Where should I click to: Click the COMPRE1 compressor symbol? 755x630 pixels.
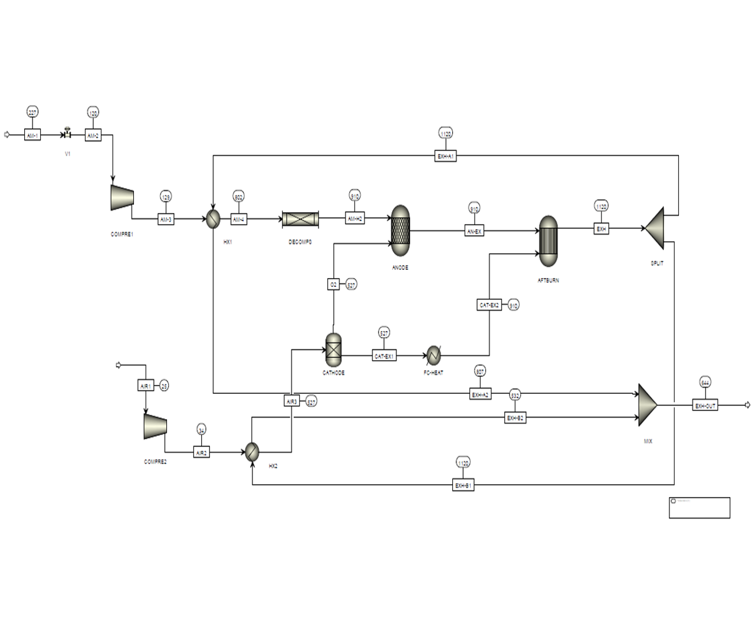(122, 197)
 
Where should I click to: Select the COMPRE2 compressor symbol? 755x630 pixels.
(155, 426)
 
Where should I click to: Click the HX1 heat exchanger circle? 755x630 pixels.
(213, 220)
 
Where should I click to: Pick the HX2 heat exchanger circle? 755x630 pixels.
(252, 452)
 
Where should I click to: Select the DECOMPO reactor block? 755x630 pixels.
(301, 219)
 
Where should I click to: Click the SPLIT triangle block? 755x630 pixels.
(655, 228)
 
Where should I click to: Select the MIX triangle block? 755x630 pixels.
(648, 405)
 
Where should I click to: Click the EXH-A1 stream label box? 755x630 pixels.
(445, 156)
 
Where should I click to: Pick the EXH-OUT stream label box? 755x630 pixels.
(705, 406)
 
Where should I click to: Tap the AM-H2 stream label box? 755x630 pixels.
(355, 218)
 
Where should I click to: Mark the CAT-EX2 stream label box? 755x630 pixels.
(489, 305)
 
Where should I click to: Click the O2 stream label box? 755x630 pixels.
(333, 285)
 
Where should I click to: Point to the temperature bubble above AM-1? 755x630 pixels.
(32, 112)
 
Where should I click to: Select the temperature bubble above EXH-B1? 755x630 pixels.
(463, 463)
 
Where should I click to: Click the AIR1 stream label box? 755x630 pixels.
(145, 386)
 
